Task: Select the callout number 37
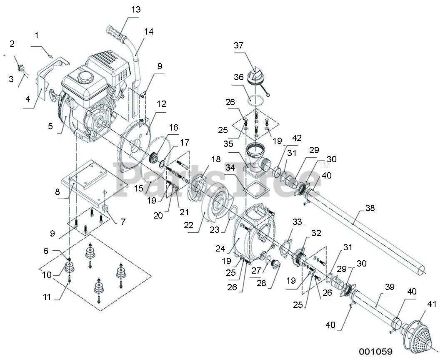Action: click(238, 45)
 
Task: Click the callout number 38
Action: click(370, 208)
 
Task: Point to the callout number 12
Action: click(161, 103)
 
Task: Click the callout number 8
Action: click(57, 192)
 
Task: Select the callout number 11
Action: click(47, 297)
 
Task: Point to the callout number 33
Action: click(297, 222)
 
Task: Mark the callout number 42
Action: click(297, 138)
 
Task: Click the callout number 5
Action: click(50, 126)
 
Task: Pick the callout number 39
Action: click(389, 287)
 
